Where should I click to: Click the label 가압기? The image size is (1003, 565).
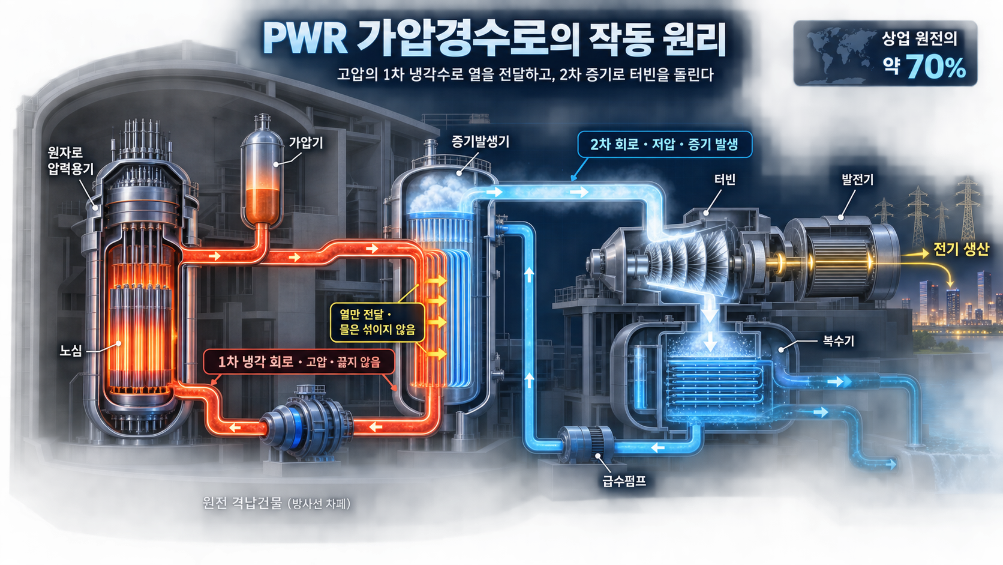point(306,143)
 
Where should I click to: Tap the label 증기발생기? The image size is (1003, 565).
point(480,142)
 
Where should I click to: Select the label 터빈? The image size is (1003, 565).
point(725,180)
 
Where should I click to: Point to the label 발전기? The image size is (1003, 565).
point(857,180)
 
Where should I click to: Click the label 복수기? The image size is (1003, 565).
point(838,341)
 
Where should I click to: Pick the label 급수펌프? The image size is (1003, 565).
point(624,481)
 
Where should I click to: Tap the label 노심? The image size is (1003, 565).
point(71,351)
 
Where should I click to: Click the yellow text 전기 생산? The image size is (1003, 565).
point(961,249)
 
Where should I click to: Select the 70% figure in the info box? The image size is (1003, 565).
point(936,67)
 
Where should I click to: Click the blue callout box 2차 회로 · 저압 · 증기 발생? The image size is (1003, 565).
point(665,144)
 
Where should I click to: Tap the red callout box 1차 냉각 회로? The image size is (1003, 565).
point(299,361)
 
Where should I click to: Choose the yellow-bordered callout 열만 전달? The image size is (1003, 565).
point(377,322)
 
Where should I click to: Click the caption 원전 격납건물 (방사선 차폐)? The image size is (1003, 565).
point(277,504)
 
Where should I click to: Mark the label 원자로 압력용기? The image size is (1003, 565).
point(71,160)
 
